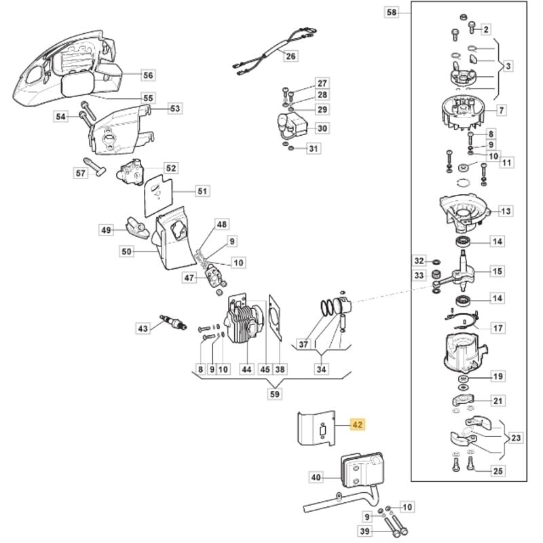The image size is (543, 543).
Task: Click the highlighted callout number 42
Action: pos(358,425)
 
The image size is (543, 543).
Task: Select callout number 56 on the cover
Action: pos(148,75)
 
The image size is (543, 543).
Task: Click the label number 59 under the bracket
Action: pos(274,393)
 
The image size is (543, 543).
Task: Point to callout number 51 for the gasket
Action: pos(202,191)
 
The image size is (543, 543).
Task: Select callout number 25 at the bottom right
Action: pos(499,471)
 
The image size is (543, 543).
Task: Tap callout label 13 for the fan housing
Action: pos(504,211)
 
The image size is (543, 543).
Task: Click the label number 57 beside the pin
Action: pos(81,173)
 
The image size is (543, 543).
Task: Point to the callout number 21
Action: pos(499,401)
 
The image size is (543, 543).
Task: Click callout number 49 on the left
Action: pos(106,231)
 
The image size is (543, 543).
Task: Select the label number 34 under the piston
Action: pos(322,370)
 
